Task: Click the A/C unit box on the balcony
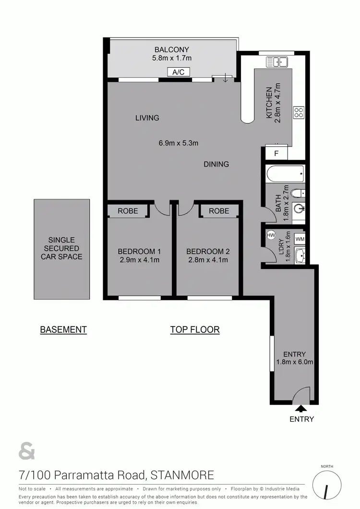click(x=179, y=72)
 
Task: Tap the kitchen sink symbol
click(x=276, y=61)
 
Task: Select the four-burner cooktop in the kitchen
click(x=299, y=112)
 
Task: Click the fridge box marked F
click(x=276, y=154)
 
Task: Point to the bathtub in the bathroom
click(x=286, y=173)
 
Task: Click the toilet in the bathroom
click(x=298, y=193)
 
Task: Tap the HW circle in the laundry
click(x=271, y=235)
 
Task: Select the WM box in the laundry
click(x=300, y=239)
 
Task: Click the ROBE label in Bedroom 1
click(x=127, y=211)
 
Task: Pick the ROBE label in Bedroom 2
click(x=219, y=211)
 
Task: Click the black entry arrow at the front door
click(x=301, y=409)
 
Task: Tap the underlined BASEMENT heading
click(x=63, y=329)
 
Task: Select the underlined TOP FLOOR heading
click(x=195, y=329)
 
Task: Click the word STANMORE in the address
click(x=182, y=475)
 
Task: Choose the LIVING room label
click(x=147, y=118)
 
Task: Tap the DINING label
click(x=216, y=164)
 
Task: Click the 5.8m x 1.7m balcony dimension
click(x=171, y=59)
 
